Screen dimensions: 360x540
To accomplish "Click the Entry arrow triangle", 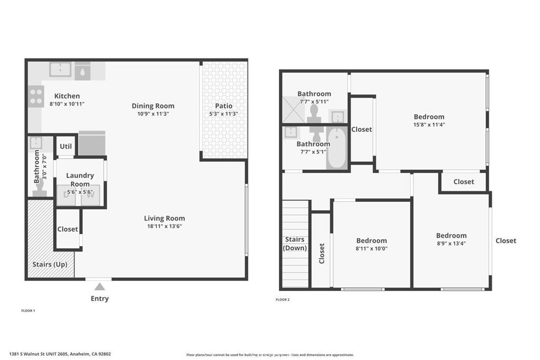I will [100, 287].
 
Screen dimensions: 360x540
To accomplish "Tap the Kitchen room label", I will [67, 96].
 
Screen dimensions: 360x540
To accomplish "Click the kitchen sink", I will [61, 69].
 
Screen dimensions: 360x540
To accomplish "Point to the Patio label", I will [224, 106].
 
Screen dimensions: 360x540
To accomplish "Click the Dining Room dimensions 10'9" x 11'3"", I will [153, 114].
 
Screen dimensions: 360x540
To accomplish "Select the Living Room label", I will [165, 218].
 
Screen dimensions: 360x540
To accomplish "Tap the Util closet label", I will [66, 146].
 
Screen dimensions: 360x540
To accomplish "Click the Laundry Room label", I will [80, 180].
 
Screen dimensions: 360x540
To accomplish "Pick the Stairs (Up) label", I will [50, 264].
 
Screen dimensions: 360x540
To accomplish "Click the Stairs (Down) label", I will [295, 244].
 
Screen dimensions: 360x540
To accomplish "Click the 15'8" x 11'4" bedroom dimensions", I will [429, 125].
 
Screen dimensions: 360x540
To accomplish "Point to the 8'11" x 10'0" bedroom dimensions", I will [372, 249].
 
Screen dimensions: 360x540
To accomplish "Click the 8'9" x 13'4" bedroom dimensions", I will [451, 244].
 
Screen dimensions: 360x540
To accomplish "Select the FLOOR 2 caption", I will [283, 300].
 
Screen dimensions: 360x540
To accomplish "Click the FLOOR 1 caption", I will [28, 311].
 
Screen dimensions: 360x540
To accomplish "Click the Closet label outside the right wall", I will [506, 240].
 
